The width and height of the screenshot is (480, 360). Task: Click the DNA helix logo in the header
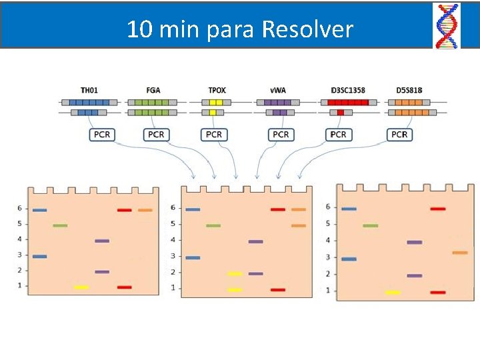[447, 25]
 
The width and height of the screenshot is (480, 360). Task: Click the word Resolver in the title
[307, 30]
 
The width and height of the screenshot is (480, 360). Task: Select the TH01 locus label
[89, 90]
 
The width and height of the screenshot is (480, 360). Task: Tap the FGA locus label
[153, 90]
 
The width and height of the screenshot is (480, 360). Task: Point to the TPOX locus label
[217, 90]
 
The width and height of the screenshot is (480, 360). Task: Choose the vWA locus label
[278, 90]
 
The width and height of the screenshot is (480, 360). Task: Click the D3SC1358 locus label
[347, 90]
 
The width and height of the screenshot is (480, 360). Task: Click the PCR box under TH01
[102, 135]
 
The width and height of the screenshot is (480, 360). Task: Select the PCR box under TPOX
[214, 135]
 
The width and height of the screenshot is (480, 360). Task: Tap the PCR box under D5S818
[399, 135]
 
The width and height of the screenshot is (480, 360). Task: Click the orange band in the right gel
[460, 253]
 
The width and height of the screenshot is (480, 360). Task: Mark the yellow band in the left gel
[81, 287]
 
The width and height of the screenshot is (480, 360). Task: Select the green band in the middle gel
[213, 225]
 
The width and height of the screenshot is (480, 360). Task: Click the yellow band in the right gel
[393, 292]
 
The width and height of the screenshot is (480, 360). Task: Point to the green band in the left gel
[60, 225]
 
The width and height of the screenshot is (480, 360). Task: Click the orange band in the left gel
[145, 210]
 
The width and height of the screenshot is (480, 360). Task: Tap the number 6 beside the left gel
[20, 209]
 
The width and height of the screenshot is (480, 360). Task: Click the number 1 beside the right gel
[327, 290]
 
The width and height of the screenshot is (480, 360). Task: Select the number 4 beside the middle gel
[173, 240]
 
